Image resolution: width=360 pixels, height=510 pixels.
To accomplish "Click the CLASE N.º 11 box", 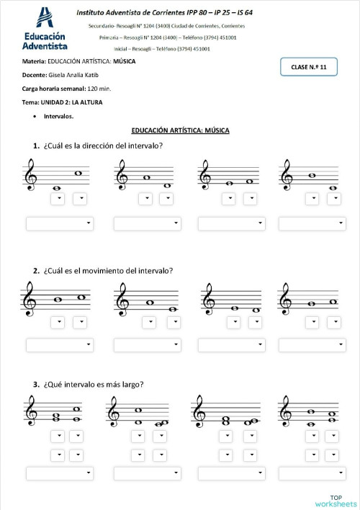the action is coord(308,67).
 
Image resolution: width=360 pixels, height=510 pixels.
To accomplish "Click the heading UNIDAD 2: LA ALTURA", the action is coord(71,102).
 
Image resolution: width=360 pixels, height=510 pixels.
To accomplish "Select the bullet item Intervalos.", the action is coord(58,116).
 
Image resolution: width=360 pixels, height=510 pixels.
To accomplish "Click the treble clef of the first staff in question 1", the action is coord(30,176).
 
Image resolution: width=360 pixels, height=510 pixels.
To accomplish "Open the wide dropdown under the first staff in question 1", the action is coord(59,224).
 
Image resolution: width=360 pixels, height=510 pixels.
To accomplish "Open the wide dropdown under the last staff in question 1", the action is coord(312,224).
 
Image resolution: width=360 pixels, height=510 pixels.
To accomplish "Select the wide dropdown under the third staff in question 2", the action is coord(230,345).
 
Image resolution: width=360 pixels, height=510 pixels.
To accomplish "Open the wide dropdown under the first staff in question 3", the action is coord(59,473).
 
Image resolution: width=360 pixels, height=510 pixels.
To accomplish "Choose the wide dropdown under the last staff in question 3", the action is coord(312,473).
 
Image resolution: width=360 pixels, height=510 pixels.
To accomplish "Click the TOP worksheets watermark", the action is coord(336,501).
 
